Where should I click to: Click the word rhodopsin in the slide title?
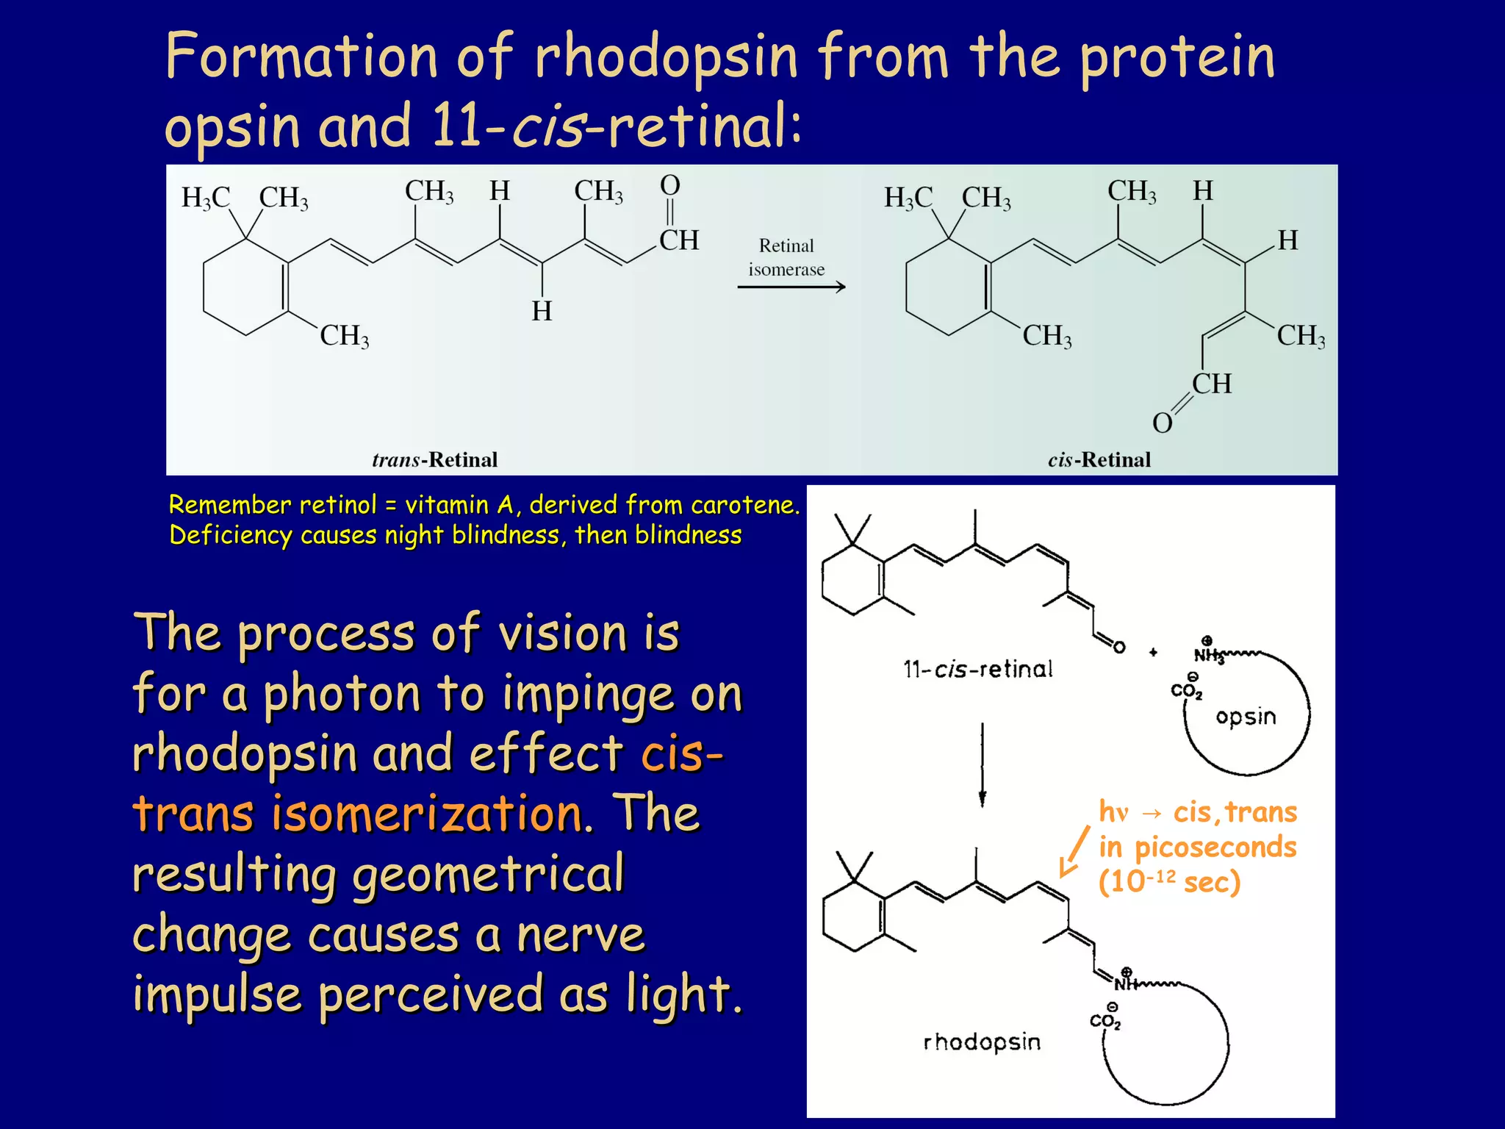(666, 57)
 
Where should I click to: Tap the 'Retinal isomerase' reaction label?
(786, 257)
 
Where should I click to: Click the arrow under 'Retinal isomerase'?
(791, 287)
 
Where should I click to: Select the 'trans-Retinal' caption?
(434, 460)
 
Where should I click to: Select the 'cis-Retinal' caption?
(1099, 460)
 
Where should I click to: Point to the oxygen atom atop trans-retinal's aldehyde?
(669, 185)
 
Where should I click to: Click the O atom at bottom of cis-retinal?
(1162, 423)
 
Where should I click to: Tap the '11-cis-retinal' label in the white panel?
(977, 669)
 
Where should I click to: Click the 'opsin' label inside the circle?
(1246, 717)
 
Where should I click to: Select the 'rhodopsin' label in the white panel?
(982, 1042)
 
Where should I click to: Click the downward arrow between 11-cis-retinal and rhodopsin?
(982, 764)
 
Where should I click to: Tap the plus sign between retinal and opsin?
(1153, 652)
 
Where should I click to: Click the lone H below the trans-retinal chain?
(542, 312)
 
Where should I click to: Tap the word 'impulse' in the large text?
(218, 994)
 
